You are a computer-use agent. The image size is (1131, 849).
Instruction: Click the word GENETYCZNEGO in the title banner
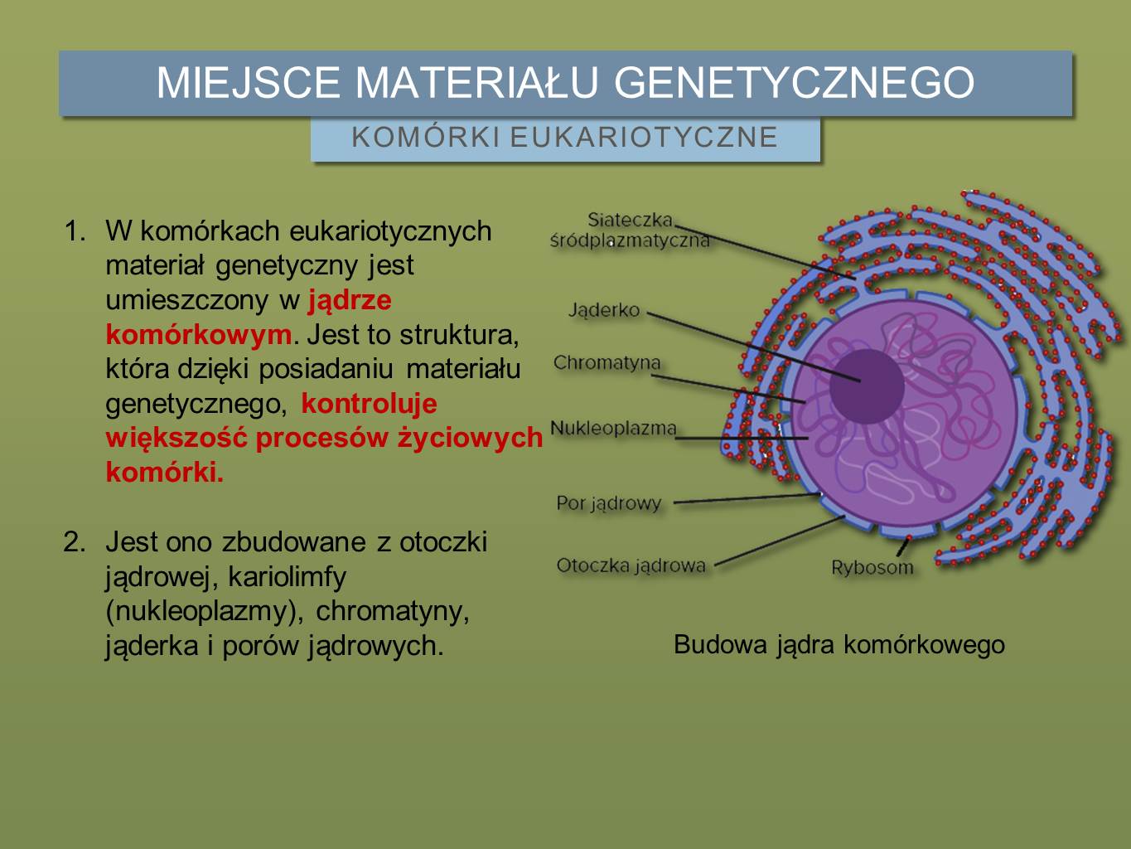pos(794,82)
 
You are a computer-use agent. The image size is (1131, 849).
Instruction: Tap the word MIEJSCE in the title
pos(248,82)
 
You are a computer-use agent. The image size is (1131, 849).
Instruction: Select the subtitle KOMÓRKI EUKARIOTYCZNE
pos(565,137)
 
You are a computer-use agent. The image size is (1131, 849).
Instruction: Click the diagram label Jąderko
pos(604,310)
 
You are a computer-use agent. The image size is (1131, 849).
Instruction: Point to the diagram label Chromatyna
pos(607,363)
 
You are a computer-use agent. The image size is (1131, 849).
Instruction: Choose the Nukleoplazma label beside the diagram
pos(613,428)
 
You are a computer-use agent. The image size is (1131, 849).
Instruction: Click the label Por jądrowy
pos(608,503)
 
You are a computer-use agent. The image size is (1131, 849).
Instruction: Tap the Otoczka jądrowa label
pos(631,565)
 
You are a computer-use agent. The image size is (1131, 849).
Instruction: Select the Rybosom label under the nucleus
pos(872,568)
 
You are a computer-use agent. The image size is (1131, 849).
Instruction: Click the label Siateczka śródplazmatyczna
pos(630,230)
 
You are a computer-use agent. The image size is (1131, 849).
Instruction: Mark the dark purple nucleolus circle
pos(868,386)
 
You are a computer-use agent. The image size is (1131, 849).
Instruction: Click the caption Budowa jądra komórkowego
pos(839,644)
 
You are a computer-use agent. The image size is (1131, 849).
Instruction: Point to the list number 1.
pos(75,231)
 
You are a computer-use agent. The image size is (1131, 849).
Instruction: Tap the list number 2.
pos(75,542)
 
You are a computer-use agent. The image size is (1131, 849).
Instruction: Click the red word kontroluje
pos(369,403)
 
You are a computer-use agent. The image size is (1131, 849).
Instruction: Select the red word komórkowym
pos(199,335)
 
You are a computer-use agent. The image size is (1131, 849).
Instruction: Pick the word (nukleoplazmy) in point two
pos(204,612)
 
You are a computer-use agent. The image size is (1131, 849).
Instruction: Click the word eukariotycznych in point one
pos(390,231)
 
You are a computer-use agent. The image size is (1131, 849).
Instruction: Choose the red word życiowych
pos(470,438)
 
